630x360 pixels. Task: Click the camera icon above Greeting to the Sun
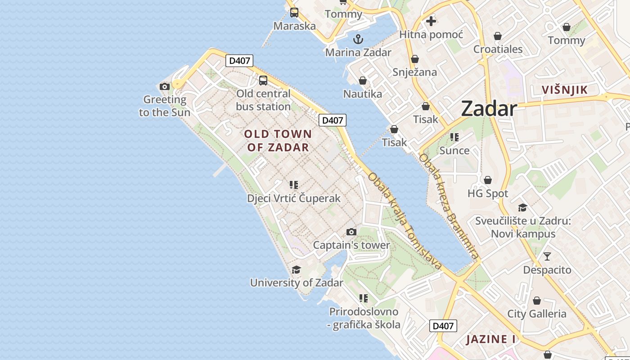click(165, 86)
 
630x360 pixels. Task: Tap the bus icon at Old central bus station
click(263, 81)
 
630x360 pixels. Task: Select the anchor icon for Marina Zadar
click(358, 39)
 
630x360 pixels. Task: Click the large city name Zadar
click(489, 109)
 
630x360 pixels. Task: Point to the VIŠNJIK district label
click(565, 90)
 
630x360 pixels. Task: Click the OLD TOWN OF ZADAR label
click(278, 140)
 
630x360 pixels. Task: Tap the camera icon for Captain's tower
click(351, 232)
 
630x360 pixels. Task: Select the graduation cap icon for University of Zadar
click(296, 270)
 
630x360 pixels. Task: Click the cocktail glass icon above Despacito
click(547, 256)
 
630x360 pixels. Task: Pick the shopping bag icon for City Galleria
click(536, 300)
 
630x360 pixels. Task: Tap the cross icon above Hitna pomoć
click(431, 21)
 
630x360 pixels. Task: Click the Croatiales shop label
click(498, 49)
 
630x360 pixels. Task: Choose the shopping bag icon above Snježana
click(414, 59)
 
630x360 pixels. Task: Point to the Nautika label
click(362, 94)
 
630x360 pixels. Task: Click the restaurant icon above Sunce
click(454, 137)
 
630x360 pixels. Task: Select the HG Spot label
click(488, 193)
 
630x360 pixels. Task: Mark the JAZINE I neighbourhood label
click(490, 339)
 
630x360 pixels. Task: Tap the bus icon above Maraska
click(294, 13)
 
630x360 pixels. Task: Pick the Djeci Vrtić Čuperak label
click(294, 198)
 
